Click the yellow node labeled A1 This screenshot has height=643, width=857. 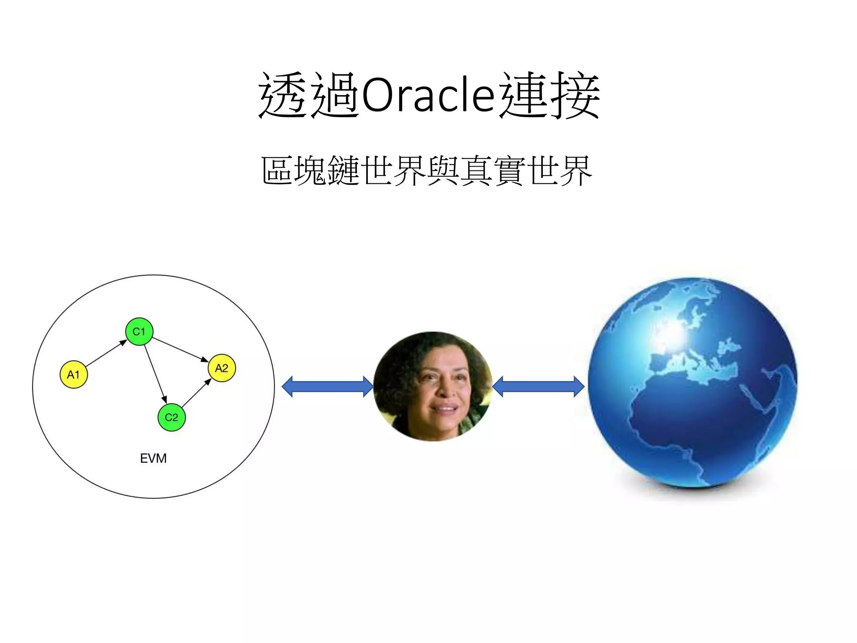(x=74, y=374)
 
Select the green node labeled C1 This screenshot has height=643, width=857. (x=139, y=332)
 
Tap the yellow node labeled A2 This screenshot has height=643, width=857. (x=222, y=368)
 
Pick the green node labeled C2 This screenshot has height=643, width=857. (x=172, y=417)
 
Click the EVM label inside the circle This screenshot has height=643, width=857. (x=153, y=458)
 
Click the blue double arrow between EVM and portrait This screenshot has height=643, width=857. (x=327, y=386)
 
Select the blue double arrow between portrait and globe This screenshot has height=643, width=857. (x=538, y=386)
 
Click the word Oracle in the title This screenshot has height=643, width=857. (x=428, y=95)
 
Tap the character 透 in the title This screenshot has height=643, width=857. (x=285, y=95)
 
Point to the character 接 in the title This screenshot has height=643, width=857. (x=575, y=95)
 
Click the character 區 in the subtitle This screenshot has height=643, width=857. (x=277, y=170)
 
